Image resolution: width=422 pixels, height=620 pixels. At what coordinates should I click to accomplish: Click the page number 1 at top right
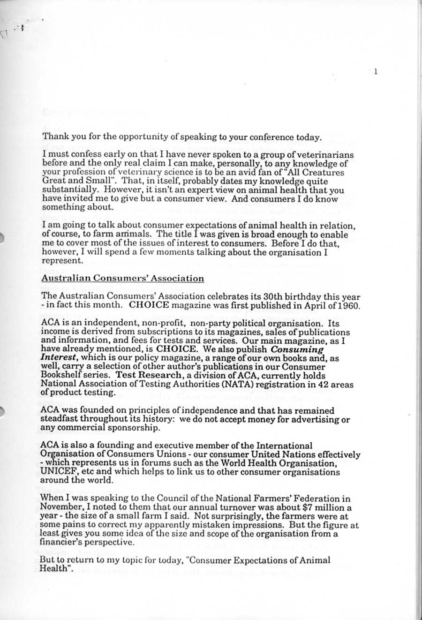click(376, 71)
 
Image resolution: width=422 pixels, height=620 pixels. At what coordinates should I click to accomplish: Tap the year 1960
click(349, 306)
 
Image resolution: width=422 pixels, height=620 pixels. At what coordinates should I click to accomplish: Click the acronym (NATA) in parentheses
click(227, 384)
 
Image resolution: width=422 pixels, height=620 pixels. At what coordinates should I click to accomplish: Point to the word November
click(60, 507)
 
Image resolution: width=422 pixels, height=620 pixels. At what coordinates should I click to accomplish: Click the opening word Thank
click(53, 137)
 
